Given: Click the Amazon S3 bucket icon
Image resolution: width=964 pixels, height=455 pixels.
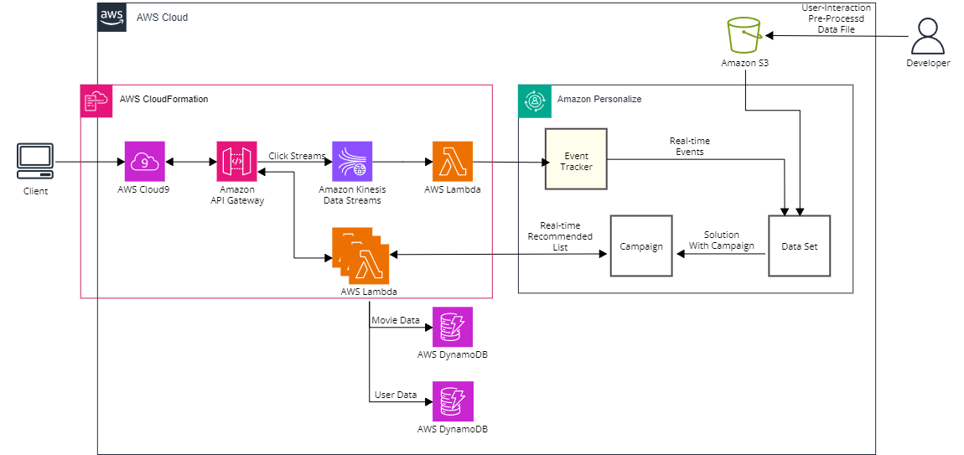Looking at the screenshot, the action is click(x=745, y=36).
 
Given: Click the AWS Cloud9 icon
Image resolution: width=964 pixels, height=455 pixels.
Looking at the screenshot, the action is click(x=144, y=162).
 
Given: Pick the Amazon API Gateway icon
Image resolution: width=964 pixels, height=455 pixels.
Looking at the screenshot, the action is click(x=236, y=162).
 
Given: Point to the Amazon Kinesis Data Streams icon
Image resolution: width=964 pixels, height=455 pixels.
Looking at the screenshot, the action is click(x=352, y=162).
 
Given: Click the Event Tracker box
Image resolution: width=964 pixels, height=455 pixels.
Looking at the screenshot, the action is click(x=576, y=158).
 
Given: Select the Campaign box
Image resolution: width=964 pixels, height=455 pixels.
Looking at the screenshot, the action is click(x=641, y=246).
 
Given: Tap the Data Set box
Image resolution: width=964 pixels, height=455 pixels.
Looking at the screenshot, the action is click(x=799, y=246).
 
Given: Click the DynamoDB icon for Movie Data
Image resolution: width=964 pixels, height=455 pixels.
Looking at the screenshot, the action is click(x=453, y=327).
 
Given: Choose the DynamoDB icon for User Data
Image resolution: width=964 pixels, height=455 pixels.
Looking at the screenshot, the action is click(x=453, y=401).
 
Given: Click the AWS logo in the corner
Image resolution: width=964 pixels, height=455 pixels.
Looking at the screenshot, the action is click(x=111, y=17).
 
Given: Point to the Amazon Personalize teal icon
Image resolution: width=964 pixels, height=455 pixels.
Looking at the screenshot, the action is click(x=534, y=101).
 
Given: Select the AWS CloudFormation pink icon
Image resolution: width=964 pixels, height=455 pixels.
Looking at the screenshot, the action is click(x=96, y=101).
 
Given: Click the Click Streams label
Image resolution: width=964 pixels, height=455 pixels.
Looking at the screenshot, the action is click(x=297, y=156).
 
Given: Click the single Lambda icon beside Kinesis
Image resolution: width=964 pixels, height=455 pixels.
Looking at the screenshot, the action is click(x=453, y=162).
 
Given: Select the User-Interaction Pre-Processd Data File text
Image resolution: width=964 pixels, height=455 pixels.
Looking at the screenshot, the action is click(x=836, y=18).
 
